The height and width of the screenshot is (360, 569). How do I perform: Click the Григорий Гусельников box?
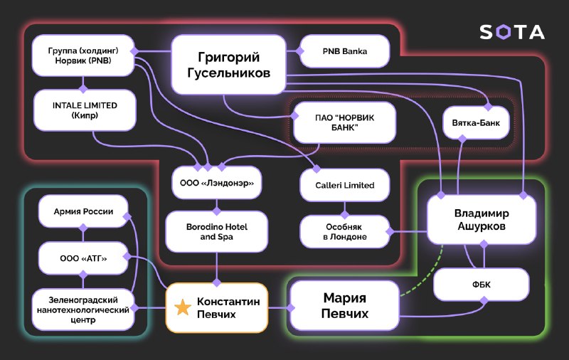(228, 65)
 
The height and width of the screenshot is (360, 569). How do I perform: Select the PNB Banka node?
(345, 51)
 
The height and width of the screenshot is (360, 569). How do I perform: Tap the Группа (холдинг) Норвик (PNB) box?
(83, 55)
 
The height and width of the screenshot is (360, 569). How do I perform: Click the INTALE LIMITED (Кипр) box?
(85, 110)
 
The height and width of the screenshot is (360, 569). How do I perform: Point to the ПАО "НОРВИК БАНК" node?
(344, 122)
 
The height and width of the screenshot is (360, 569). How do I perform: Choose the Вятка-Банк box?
(476, 122)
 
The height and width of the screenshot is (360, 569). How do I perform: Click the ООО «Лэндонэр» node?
(217, 183)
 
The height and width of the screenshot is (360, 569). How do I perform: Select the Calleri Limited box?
(345, 185)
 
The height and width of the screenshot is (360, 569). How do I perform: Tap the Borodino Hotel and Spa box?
(217, 231)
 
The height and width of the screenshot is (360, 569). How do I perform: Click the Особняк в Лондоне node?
(344, 231)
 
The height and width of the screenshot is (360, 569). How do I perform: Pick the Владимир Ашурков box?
(482, 220)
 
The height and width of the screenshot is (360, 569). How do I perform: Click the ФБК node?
(482, 285)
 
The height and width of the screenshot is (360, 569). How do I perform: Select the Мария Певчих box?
(345, 305)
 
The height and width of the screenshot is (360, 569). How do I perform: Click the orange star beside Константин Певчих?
(183, 307)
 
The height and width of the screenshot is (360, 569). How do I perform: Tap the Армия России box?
(83, 211)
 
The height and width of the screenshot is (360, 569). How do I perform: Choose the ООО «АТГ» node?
(83, 258)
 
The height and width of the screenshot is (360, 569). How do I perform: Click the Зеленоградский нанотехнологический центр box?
(83, 309)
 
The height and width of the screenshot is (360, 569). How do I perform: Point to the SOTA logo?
(512, 32)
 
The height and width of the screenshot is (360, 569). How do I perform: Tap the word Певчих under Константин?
(216, 314)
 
